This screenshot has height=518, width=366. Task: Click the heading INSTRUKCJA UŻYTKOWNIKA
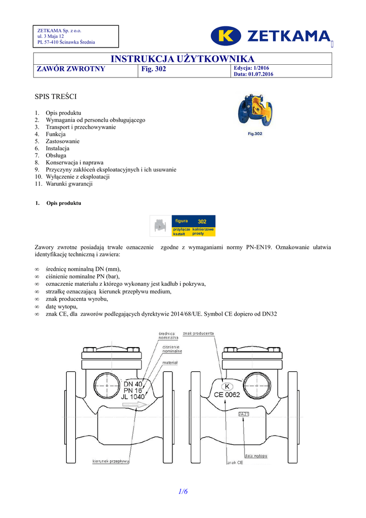pos(182,59)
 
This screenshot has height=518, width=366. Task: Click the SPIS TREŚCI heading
pos(55,96)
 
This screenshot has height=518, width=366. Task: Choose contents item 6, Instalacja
pos(57,149)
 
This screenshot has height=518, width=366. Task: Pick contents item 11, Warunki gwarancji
pos(69,184)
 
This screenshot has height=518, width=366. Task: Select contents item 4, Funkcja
pos(56,135)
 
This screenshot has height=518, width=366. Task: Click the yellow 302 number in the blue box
pos(202,222)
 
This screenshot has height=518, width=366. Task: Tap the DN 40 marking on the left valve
pos(133,384)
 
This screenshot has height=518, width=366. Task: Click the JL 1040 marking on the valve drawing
pos(132,397)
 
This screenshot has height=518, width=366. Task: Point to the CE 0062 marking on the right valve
pos(227,395)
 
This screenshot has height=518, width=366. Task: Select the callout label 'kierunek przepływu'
pos(111,461)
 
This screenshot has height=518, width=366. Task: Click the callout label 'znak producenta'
pos(199,333)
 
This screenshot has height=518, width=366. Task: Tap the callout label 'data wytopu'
pos(256,456)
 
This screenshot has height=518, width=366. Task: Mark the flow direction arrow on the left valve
pos(136,405)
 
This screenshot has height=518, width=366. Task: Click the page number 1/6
pos(182,492)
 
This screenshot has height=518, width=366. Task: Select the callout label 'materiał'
pos(169,363)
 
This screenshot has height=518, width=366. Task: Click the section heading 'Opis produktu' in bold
pos(63,203)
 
